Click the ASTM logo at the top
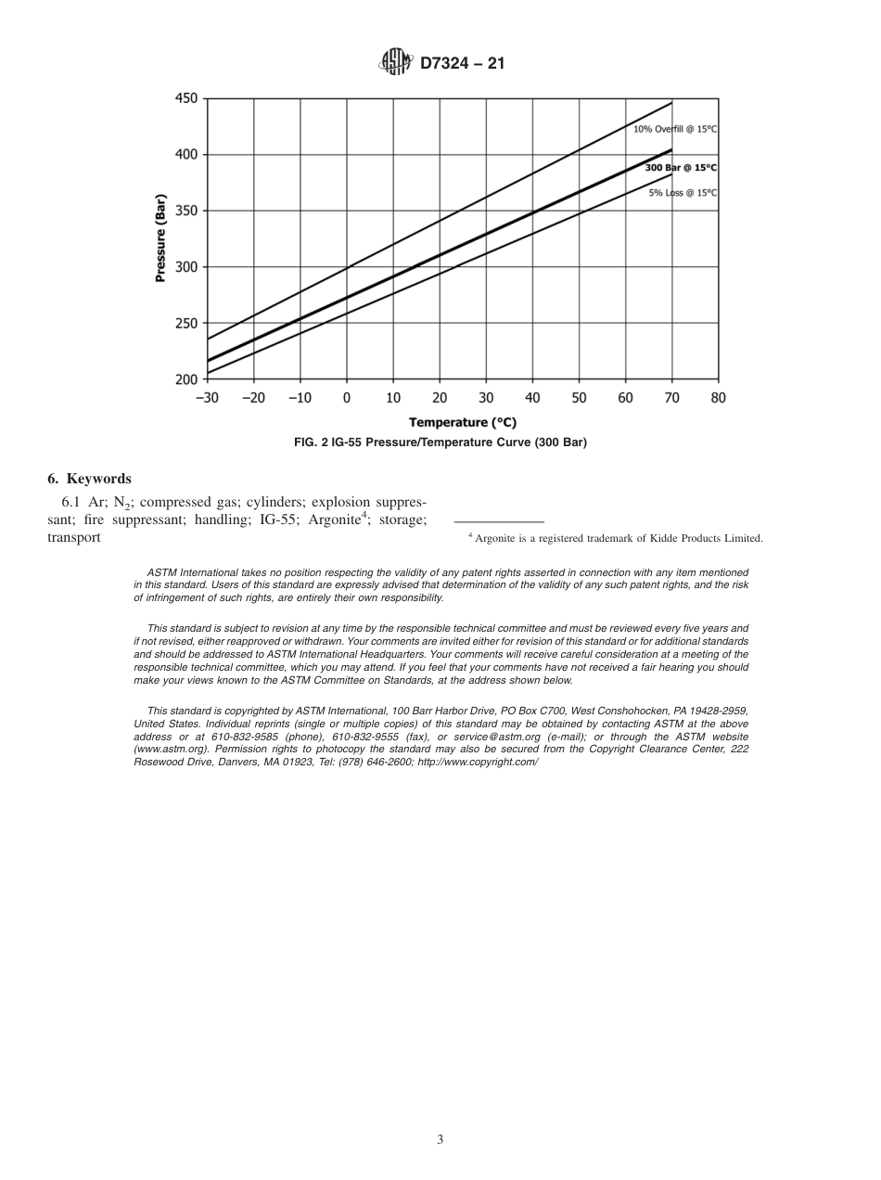coord(395,63)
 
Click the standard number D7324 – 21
coord(462,64)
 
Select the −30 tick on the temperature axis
coord(207,398)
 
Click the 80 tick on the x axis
coord(718,398)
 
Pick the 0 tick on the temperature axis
coord(347,398)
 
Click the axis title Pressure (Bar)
coord(160,238)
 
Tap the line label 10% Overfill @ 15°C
coord(675,129)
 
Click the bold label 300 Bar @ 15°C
coord(681,168)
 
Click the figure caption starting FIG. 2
coord(440,442)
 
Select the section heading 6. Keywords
coord(89,479)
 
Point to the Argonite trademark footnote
coord(614,538)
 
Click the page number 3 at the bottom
coord(440,1140)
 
